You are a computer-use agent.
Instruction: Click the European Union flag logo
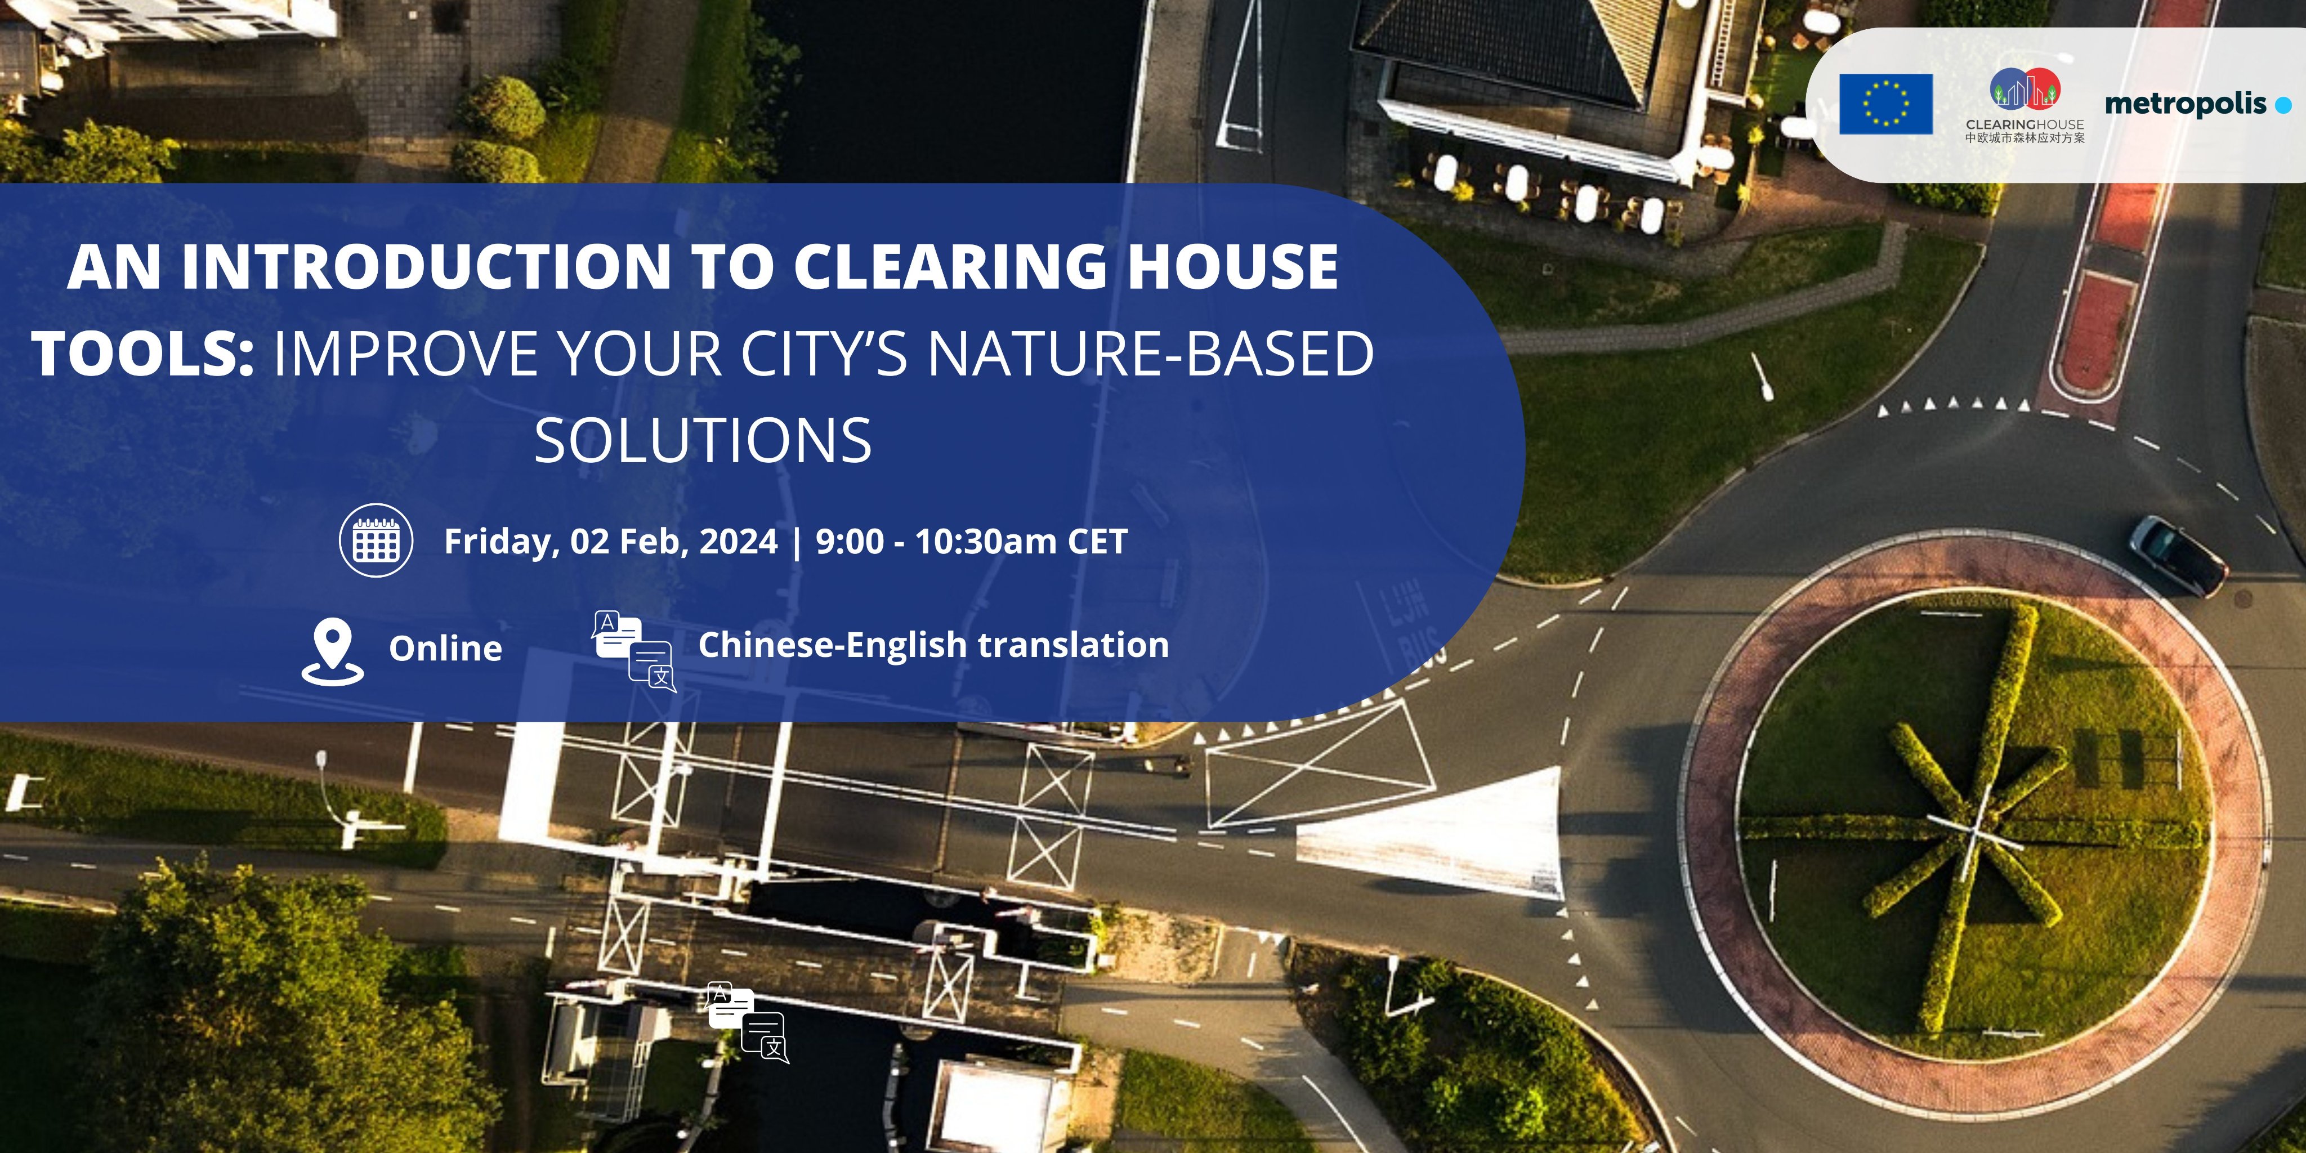1886,104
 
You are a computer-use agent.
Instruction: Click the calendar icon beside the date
376,540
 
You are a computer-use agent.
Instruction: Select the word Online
445,648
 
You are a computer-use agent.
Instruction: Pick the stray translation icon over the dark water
748,1023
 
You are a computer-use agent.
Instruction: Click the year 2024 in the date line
739,540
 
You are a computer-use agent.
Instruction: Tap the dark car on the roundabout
2178,555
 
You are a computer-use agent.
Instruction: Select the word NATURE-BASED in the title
1150,352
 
